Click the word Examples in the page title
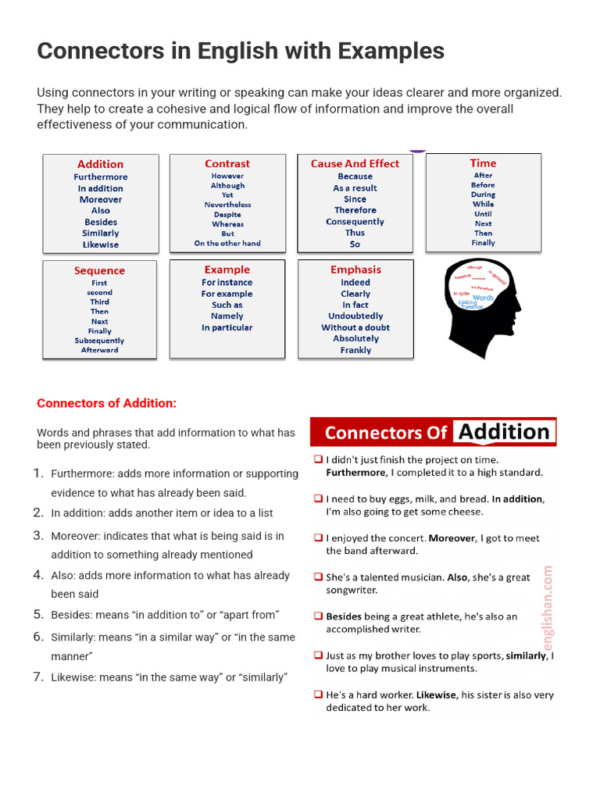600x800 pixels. click(391, 52)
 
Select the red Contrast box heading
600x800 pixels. click(227, 163)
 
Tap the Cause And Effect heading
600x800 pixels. click(355, 163)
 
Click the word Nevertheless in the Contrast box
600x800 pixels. click(227, 205)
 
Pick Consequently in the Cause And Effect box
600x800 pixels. click(355, 222)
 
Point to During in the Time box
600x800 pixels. click(483, 195)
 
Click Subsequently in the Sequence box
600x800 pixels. click(99, 341)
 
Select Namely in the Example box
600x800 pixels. click(227, 316)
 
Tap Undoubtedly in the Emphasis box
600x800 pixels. click(355, 316)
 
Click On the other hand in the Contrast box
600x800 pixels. click(227, 243)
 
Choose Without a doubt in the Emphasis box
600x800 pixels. click(355, 327)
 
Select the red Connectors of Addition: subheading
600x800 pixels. click(107, 403)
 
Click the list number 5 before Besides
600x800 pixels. click(37, 614)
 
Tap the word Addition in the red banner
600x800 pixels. click(504, 432)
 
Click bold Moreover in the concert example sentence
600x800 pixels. click(452, 538)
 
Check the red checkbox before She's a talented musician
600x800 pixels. click(318, 577)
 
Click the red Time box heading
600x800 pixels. click(483, 162)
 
